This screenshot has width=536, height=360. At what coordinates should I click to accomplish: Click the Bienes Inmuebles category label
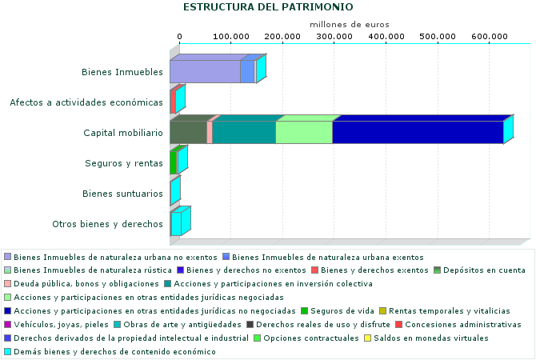(122, 72)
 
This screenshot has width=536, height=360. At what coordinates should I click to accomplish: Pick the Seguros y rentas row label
(124, 163)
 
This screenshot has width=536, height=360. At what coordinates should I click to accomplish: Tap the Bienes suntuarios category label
(123, 194)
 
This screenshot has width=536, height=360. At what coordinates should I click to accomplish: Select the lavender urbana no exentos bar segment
(205, 72)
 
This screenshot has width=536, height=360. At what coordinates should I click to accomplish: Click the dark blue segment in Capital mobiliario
(417, 133)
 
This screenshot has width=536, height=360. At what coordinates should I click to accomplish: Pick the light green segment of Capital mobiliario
(304, 133)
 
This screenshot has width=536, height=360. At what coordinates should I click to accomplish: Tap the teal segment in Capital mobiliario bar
(244, 133)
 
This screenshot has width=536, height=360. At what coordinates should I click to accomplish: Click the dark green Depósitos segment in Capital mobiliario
(188, 133)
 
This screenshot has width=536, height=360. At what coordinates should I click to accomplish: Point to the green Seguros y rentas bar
(173, 163)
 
